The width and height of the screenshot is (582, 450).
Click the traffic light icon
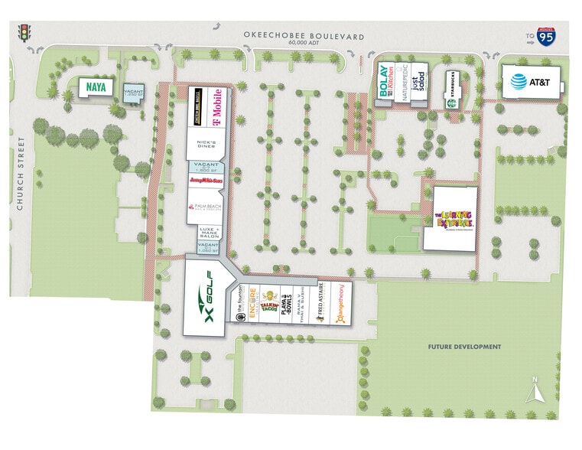[24, 33]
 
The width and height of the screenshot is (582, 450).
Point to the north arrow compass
[537, 390]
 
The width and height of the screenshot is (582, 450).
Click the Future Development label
[464, 347]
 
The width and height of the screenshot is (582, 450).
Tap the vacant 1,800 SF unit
[204, 168]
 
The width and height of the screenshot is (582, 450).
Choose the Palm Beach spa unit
[204, 208]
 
